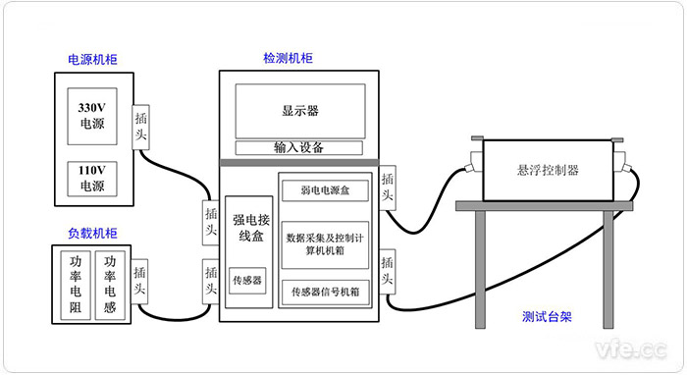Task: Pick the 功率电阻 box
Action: click(77, 284)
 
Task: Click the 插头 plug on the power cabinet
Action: click(142, 125)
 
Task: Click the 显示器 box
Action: click(299, 110)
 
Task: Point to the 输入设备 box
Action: click(299, 148)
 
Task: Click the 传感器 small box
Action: click(246, 280)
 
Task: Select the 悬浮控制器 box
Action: click(547, 170)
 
